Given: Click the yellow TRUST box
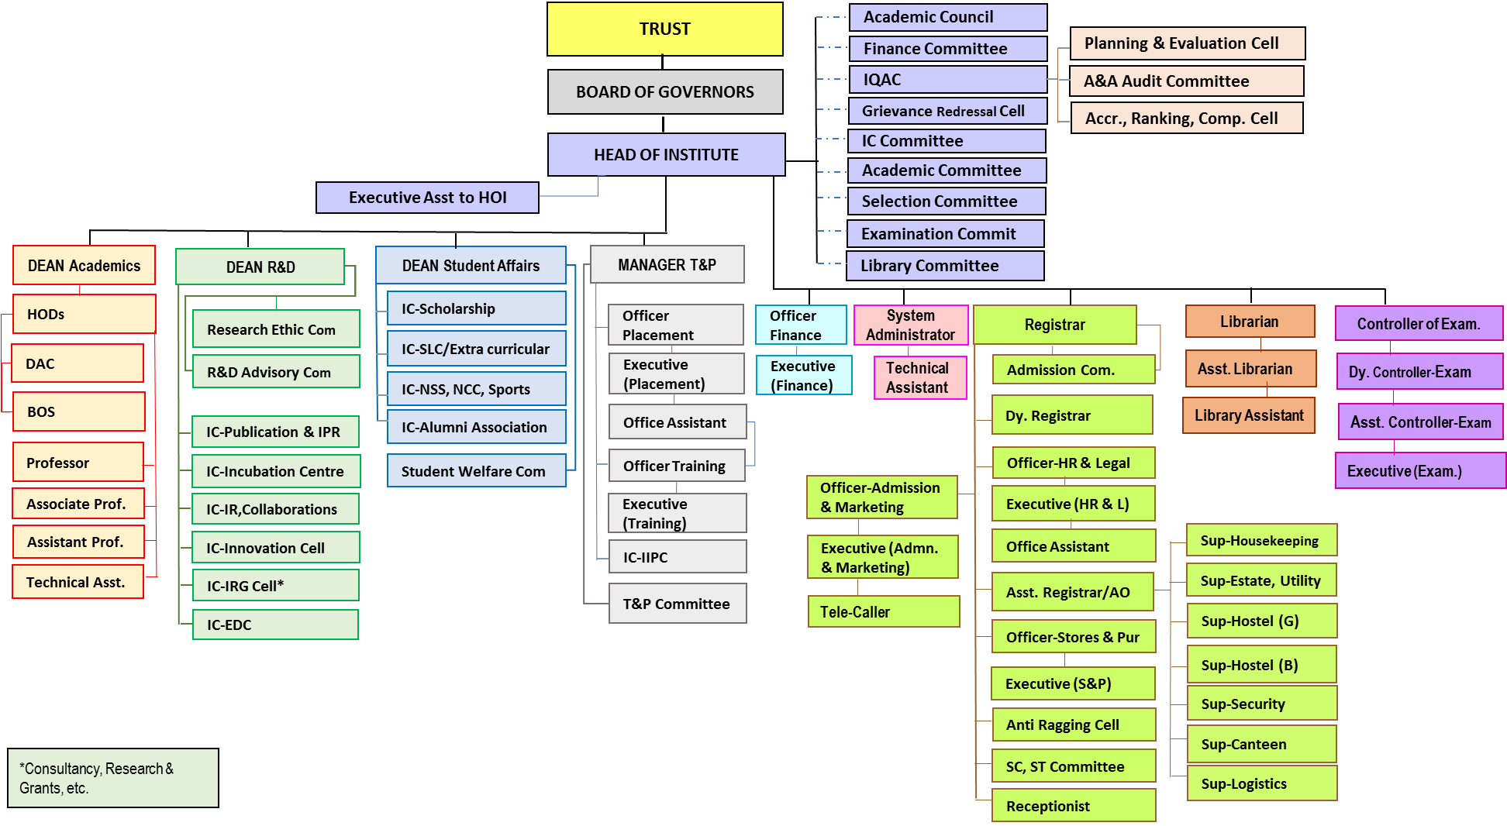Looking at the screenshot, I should pyautogui.click(x=664, y=29).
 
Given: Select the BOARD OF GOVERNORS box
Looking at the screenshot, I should pyautogui.click(x=664, y=92).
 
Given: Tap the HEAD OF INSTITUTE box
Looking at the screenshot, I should pyautogui.click(x=666, y=155).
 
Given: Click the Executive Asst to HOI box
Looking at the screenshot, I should pyautogui.click(x=427, y=198).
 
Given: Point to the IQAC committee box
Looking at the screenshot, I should pyautogui.click(x=947, y=80).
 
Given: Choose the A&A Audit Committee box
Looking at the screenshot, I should pyautogui.click(x=1186, y=81).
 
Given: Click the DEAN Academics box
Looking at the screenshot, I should pyautogui.click(x=84, y=266).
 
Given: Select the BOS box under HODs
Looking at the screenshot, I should pyautogui.click(x=78, y=411).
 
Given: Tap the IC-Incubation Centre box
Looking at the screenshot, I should pyautogui.click(x=275, y=471).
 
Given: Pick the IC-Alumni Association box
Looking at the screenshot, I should pyautogui.click(x=476, y=427).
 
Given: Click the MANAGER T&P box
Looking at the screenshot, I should pyautogui.click(x=667, y=265).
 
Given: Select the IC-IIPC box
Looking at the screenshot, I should pyautogui.click(x=677, y=557).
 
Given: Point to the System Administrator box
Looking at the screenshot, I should pyautogui.click(x=910, y=325).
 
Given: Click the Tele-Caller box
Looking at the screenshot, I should pyautogui.click(x=883, y=612).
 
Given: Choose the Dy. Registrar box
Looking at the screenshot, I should pyautogui.click(x=1072, y=416).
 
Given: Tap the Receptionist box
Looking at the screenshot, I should pyautogui.click(x=1073, y=806).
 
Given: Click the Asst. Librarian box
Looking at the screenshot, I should pyautogui.click(x=1250, y=369).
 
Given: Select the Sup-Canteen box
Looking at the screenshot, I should pyautogui.click(x=1261, y=745).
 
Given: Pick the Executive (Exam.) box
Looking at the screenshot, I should pyautogui.click(x=1419, y=471).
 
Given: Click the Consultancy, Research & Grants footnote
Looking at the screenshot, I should pyautogui.click(x=112, y=778).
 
